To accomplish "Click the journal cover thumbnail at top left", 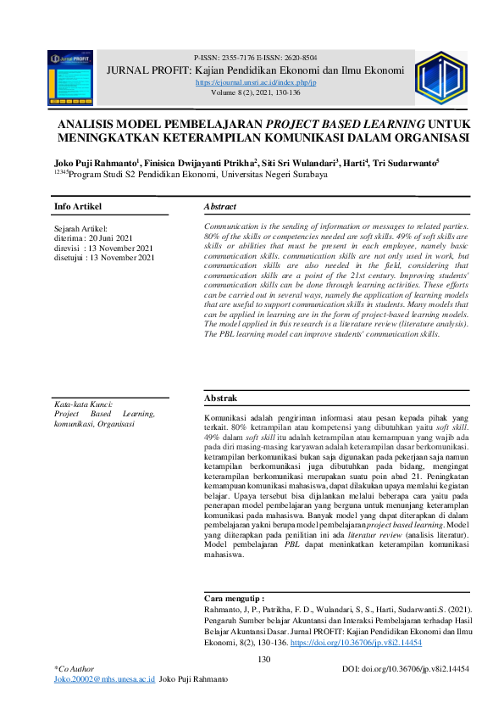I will (70, 77).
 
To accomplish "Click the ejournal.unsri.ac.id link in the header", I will (255, 83).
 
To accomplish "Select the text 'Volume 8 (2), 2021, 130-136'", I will (255, 92).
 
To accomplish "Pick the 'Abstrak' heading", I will (221, 399).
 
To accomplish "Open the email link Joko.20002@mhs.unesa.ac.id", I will (103, 680).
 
